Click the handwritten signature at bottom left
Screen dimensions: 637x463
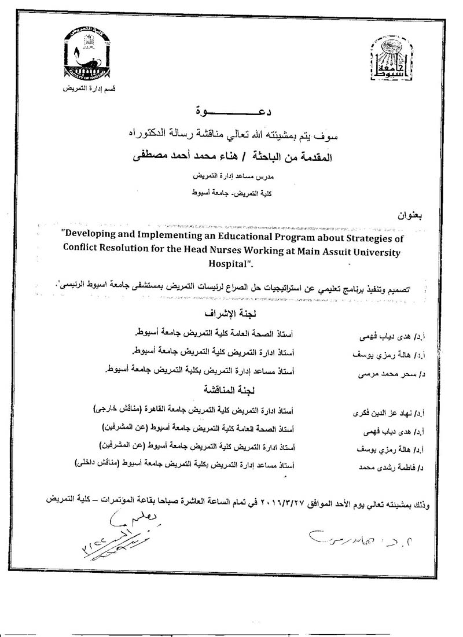point(119,532)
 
